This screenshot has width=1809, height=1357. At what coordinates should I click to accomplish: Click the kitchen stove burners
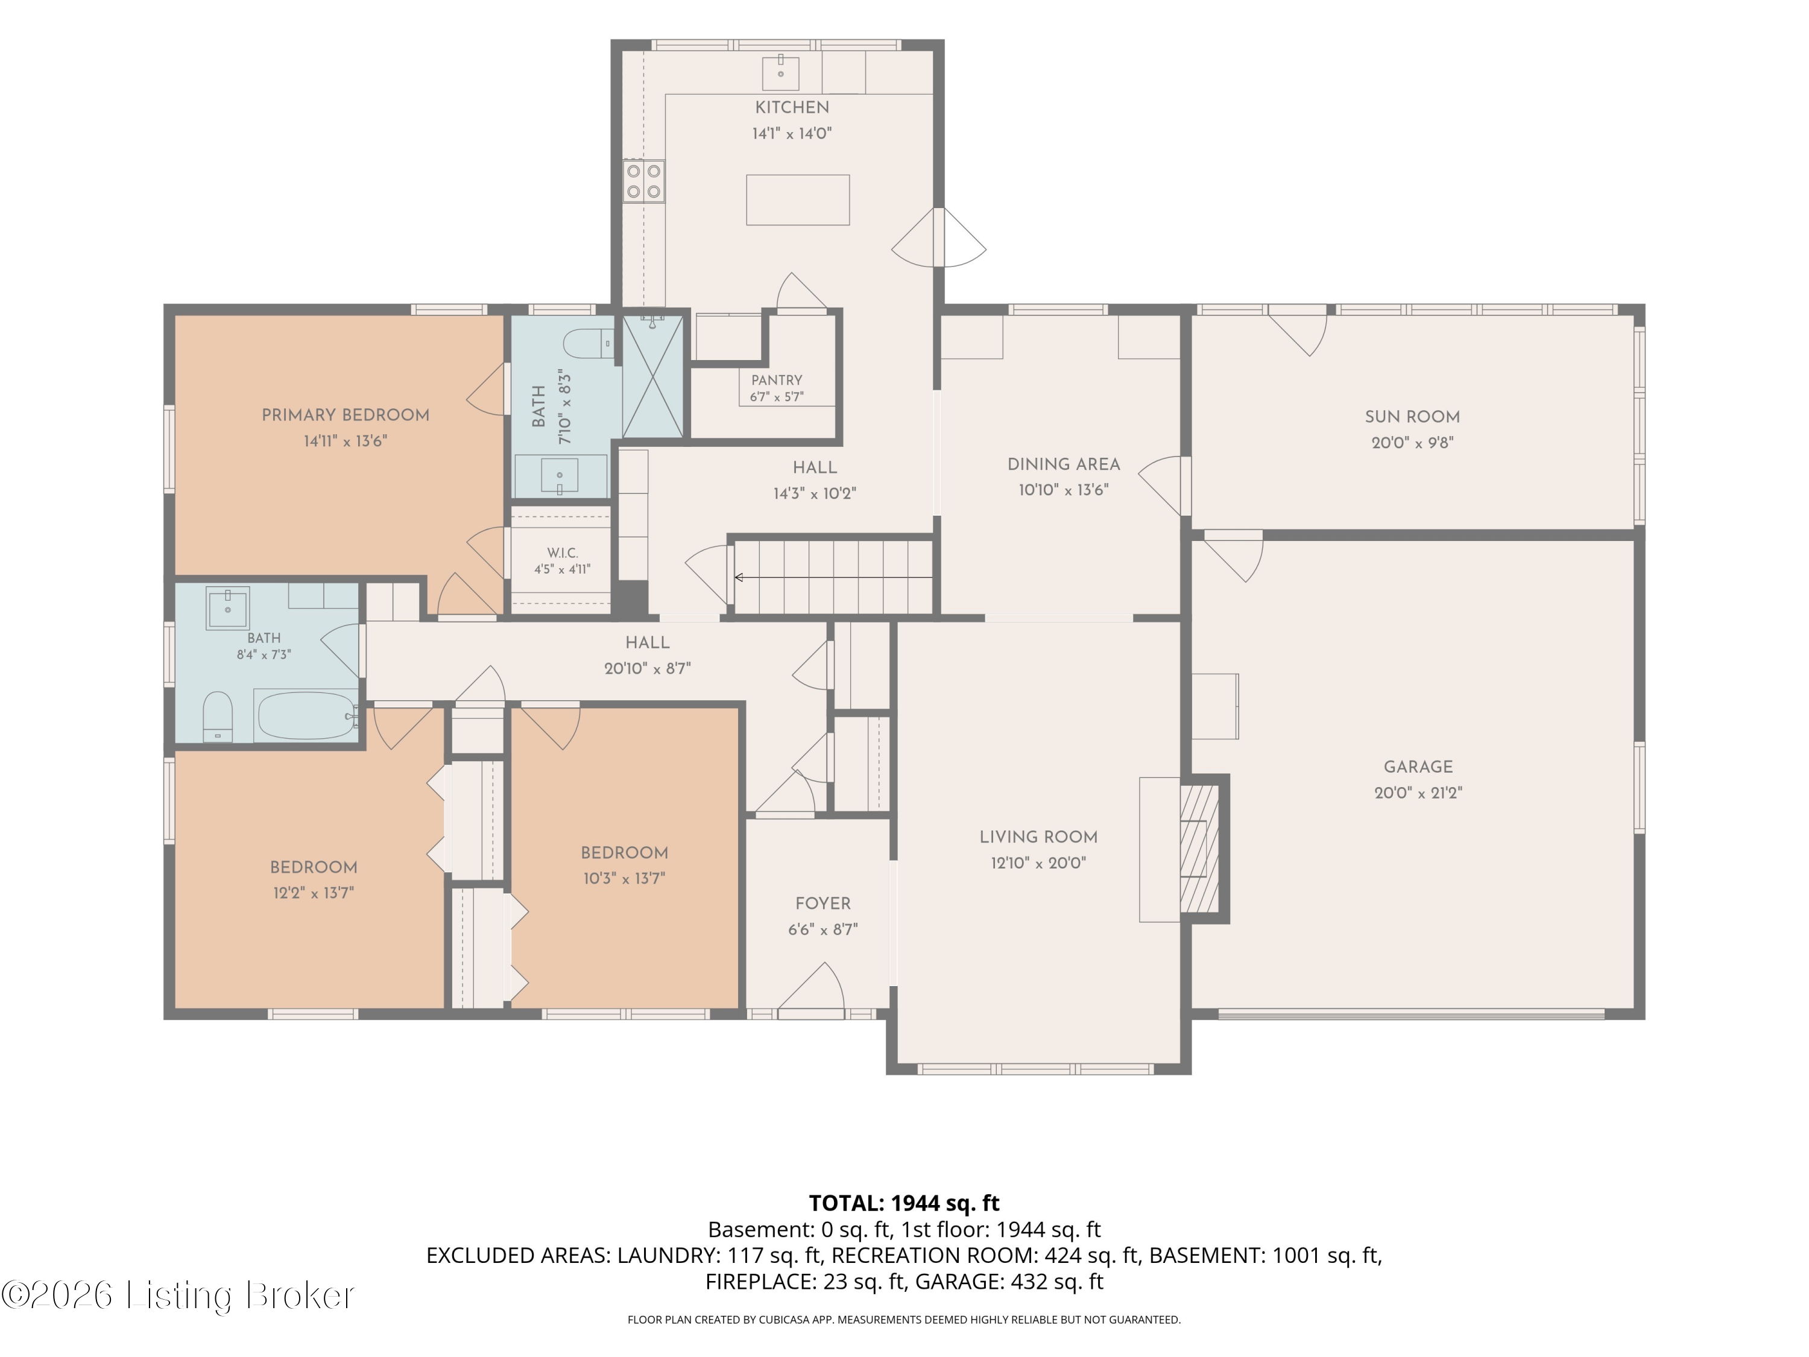tap(643, 182)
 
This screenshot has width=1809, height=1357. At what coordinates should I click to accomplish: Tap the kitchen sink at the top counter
tap(780, 73)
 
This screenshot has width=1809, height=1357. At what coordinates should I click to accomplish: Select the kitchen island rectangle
tap(797, 200)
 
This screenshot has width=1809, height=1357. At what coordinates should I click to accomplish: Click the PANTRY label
tap(777, 381)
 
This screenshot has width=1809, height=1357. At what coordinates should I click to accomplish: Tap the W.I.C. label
tap(563, 553)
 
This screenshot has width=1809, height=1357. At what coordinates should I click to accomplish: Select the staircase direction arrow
tap(833, 578)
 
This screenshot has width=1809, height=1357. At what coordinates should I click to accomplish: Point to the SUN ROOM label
tap(1412, 416)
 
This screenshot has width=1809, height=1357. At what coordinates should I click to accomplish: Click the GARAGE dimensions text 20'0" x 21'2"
tap(1418, 792)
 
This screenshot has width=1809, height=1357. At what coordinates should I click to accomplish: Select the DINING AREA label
tap(1063, 464)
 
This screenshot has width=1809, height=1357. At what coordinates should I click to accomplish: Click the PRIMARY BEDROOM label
tap(345, 415)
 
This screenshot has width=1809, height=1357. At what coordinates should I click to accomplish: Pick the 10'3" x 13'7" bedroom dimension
tap(624, 879)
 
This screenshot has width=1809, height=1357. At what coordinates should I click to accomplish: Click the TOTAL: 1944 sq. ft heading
tap(904, 1203)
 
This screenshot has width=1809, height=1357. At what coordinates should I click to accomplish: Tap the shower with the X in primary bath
tap(652, 377)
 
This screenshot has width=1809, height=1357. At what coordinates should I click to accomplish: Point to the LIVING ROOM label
tap(1038, 837)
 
